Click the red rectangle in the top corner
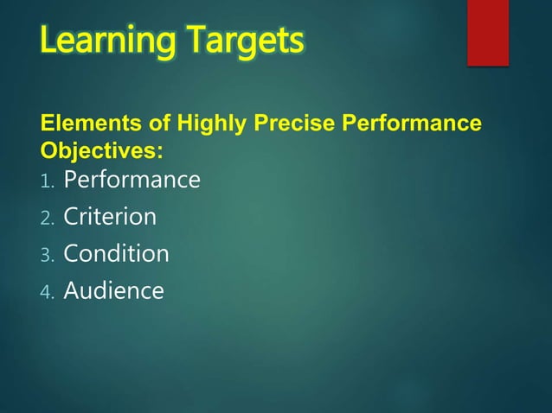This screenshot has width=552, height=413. [x=487, y=32]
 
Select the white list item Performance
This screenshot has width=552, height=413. [x=132, y=180]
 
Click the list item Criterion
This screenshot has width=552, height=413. [x=110, y=217]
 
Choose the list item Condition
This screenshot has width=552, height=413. [x=116, y=254]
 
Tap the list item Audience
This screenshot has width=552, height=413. [x=113, y=291]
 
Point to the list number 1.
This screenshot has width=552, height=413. [x=47, y=181]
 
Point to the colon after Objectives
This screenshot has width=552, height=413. [x=159, y=150]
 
